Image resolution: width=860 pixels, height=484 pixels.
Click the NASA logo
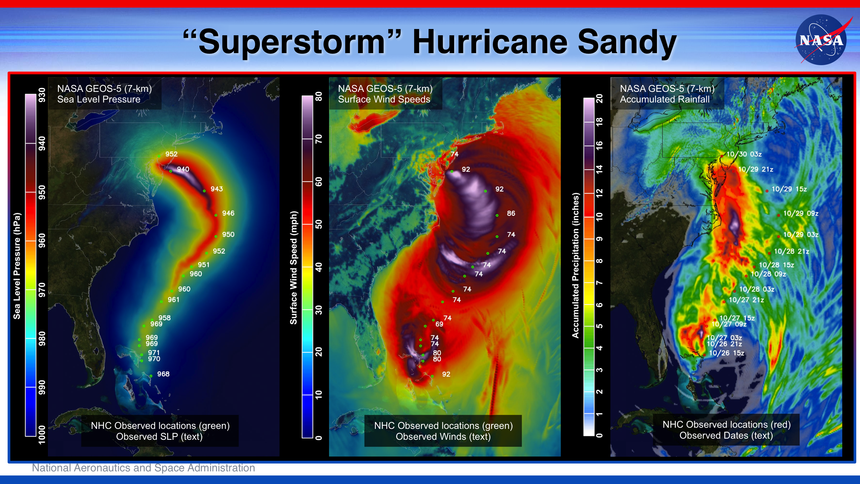coord(821,39)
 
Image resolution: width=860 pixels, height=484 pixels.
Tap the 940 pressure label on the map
coord(183,169)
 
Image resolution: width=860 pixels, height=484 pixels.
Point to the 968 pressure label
coord(163,374)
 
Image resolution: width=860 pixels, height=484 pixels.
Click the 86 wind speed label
coord(511,213)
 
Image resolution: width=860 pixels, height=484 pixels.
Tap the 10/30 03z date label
coord(744,154)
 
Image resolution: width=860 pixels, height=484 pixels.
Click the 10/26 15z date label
coord(726,353)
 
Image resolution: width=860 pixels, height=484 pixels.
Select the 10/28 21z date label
coord(791,251)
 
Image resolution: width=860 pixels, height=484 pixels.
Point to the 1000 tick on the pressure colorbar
coord(42,435)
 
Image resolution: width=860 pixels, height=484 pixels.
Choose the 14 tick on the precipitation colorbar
coord(599,169)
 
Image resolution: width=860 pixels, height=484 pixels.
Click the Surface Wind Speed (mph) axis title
coord(293,268)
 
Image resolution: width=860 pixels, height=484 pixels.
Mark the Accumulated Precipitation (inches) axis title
coord(575,266)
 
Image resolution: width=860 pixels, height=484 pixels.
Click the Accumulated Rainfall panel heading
coord(664,99)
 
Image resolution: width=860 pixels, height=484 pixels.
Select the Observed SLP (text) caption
coord(159,437)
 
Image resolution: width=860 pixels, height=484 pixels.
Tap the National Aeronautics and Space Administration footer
coord(143,468)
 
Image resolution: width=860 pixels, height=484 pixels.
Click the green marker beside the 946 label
coord(216,215)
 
